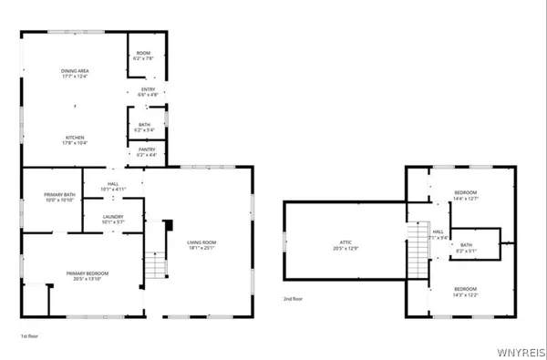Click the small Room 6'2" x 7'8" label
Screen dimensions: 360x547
[144, 57]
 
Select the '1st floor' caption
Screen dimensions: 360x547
[29, 336]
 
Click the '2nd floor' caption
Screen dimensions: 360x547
[293, 297]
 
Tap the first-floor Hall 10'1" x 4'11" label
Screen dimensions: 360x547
[114, 187]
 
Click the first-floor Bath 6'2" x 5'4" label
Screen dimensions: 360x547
[145, 127]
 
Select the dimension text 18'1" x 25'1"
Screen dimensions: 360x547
[201, 248]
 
